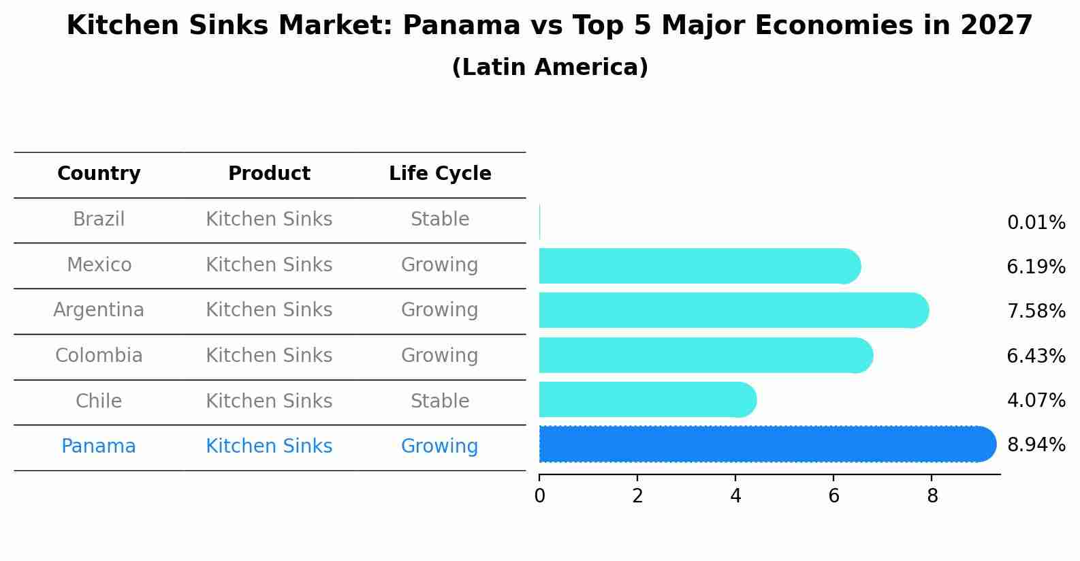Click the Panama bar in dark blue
coord(766,444)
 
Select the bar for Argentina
coord(733,311)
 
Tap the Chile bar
coord(647,400)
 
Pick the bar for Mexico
coord(699,266)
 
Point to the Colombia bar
coord(705,355)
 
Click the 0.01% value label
coord(1036,223)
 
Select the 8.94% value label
coord(1036,445)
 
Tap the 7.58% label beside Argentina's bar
coord(1036,312)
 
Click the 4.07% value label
coord(1036,401)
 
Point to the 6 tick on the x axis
coord(833,496)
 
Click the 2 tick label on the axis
coord(637,496)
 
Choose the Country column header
coord(99,174)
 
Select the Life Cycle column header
coord(440,174)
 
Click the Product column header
coord(269,174)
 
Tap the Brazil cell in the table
coord(99,219)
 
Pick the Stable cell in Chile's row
coord(440,401)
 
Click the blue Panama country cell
coord(99,446)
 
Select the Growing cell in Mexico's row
coord(440,265)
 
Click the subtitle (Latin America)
coord(550,67)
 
